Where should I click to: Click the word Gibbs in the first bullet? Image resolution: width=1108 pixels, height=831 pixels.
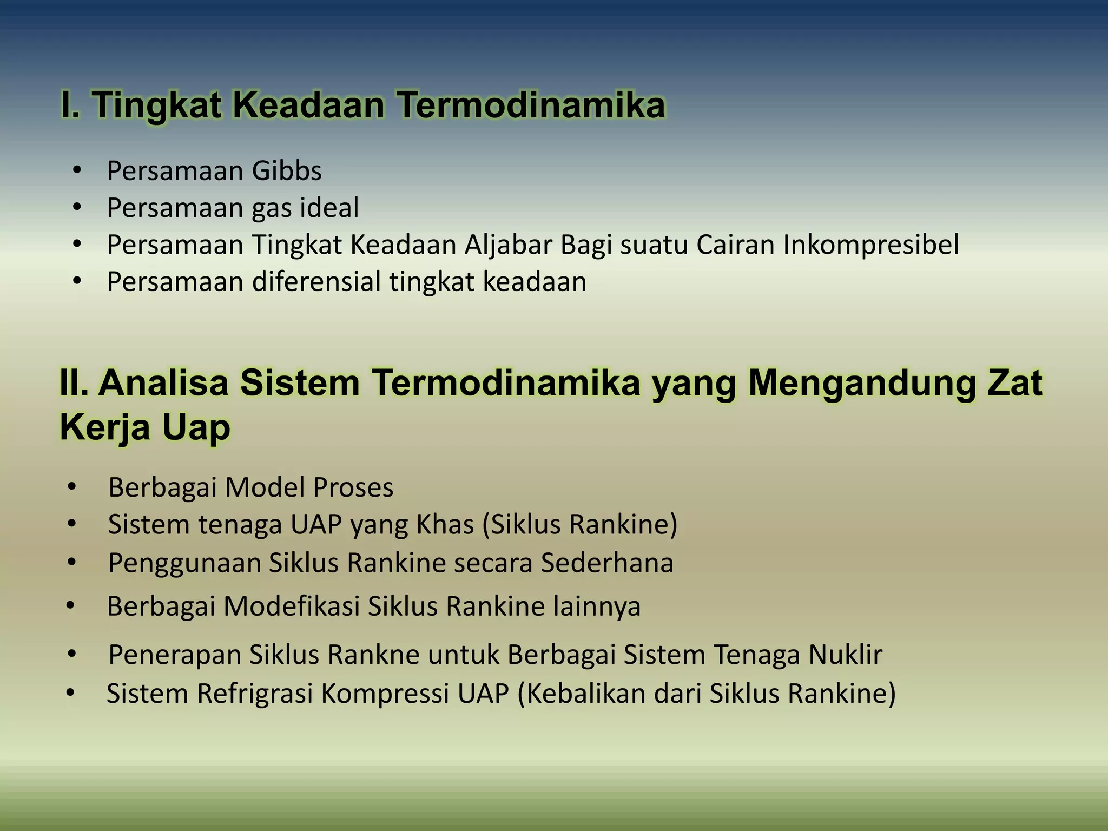point(287,171)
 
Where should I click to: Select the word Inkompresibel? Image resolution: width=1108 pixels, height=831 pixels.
point(870,245)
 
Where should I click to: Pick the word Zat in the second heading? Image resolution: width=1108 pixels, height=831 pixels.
point(1015,382)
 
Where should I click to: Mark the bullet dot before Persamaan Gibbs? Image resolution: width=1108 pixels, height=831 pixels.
point(77,171)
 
